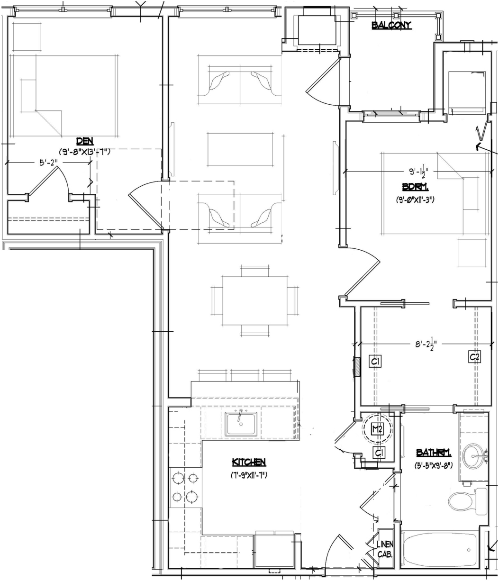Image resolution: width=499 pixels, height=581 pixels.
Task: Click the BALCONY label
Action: click(391, 25)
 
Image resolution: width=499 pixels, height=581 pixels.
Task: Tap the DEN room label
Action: click(85, 141)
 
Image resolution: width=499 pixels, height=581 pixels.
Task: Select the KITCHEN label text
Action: click(249, 462)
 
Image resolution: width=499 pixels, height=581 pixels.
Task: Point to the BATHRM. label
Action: click(434, 453)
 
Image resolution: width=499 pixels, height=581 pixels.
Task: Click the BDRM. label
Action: click(415, 187)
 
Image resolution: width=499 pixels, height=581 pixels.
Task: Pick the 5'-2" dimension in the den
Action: click(48, 163)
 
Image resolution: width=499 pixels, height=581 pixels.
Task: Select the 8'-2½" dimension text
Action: click(426, 345)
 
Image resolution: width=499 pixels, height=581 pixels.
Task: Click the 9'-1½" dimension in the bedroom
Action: click(418, 172)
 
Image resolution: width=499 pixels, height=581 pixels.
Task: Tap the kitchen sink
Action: click(241, 424)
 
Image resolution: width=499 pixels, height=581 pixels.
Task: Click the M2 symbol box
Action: click(377, 429)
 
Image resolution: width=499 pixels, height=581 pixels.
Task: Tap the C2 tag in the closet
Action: click(474, 357)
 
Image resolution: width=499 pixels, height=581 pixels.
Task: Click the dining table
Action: click(255, 300)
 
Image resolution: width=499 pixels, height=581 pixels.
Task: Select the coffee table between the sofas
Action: click(240, 149)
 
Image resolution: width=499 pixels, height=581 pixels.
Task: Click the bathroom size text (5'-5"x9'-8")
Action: click(434, 466)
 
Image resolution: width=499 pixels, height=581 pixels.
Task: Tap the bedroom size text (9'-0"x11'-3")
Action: click(415, 200)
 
